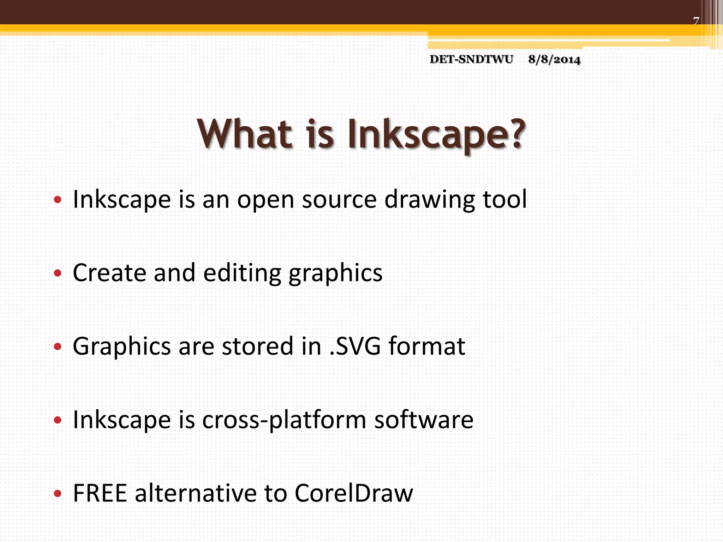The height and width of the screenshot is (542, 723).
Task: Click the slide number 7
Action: (x=696, y=22)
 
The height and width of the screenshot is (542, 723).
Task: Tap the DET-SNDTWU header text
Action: (x=471, y=59)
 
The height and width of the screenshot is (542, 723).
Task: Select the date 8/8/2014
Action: (x=554, y=60)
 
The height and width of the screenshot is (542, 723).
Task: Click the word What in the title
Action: (x=245, y=134)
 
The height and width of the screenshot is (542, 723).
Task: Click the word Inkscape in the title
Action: (x=427, y=136)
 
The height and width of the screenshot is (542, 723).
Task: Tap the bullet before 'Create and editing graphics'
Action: (x=58, y=273)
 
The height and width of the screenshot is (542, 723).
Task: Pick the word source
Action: (x=339, y=200)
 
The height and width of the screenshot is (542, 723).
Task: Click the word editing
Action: (x=242, y=273)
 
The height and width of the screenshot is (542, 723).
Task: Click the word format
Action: (x=427, y=346)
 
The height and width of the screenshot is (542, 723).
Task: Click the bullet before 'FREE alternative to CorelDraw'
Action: (x=58, y=494)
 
